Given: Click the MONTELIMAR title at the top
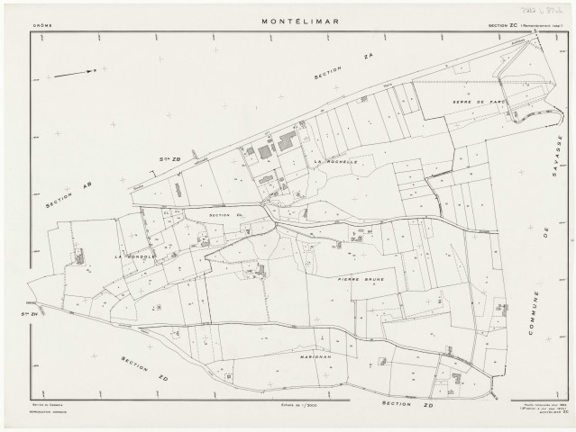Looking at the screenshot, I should point(288,21).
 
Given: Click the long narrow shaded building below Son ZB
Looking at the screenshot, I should point(178,191).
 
